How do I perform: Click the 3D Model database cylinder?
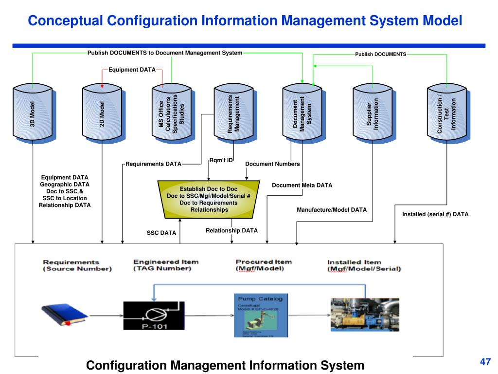[x=33, y=114]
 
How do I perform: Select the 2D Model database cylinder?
[x=102, y=114]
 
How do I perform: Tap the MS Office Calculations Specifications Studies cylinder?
[x=172, y=114]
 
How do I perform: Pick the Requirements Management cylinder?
[x=234, y=114]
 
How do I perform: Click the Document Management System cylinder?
[x=302, y=114]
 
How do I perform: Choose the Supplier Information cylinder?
[x=373, y=114]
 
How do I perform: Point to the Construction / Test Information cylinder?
[x=446, y=114]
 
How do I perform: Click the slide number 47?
[x=485, y=362]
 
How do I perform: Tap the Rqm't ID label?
[x=221, y=160]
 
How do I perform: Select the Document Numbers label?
[x=272, y=164]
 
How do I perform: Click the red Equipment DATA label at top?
[x=132, y=70]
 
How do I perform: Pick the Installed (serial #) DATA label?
[x=435, y=214]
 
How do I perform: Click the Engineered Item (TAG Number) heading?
[x=166, y=265]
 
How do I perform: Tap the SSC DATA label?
[x=161, y=233]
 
